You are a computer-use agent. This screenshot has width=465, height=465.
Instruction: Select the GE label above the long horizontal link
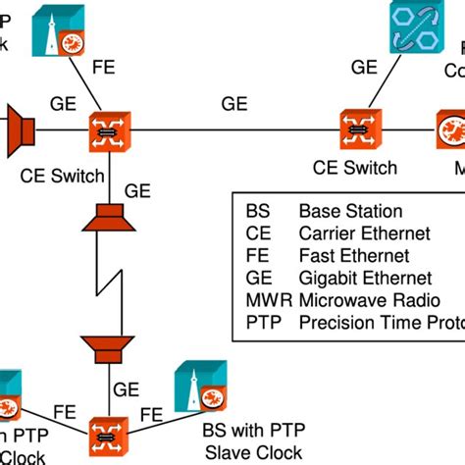(x=234, y=103)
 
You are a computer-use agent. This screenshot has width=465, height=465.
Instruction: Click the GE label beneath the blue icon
(x=365, y=68)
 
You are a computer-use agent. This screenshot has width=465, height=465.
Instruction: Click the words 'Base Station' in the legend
(x=350, y=211)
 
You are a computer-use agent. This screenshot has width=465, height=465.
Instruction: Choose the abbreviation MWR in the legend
(x=260, y=301)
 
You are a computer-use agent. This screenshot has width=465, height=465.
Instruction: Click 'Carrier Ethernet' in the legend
(x=364, y=233)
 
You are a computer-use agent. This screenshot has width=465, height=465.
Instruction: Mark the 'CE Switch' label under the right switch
(x=356, y=168)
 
